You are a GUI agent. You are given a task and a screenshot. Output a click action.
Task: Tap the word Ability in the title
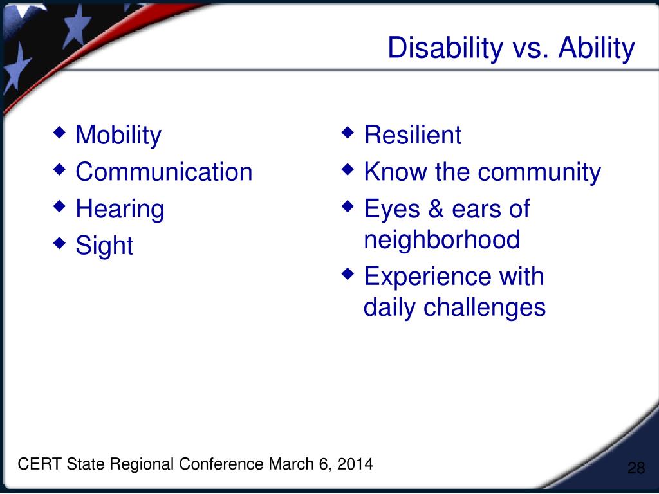point(596,49)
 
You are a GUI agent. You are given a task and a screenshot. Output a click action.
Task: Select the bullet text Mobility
point(118,136)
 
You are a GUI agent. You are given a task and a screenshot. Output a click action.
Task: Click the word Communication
point(163,172)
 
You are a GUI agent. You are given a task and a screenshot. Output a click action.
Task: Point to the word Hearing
point(120,210)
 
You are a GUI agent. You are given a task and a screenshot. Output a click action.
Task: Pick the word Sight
point(104,246)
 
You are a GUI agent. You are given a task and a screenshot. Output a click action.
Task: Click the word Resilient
point(413,136)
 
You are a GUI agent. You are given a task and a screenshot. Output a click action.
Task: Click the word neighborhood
point(441,240)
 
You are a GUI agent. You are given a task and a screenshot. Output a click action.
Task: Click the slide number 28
point(636,468)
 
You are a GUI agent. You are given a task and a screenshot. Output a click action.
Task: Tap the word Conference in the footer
point(221,464)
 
